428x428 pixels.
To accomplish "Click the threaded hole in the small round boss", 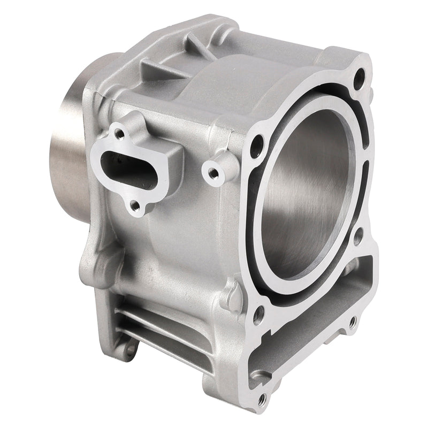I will click(212, 173).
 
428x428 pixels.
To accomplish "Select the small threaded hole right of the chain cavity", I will click(351, 323).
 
